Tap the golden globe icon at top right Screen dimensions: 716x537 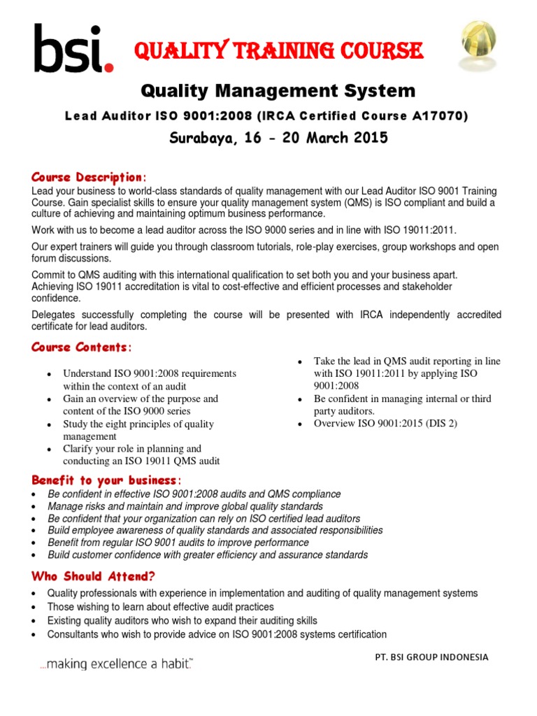[x=478, y=43]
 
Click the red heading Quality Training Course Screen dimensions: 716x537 [x=278, y=50]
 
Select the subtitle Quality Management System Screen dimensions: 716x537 [x=278, y=91]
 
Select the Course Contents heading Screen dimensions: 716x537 [x=81, y=348]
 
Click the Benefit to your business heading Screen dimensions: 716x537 [x=106, y=480]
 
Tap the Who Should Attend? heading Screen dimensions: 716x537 [x=93, y=577]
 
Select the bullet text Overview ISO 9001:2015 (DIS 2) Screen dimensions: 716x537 [x=385, y=424]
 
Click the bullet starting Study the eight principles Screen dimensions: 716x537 [x=138, y=430]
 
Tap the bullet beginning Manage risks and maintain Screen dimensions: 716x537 [x=185, y=506]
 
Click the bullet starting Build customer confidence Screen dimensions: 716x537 [x=208, y=555]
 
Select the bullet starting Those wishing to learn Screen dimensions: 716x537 [x=161, y=607]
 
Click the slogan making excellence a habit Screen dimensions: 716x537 [x=115, y=663]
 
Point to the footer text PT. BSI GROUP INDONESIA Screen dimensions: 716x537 [x=431, y=657]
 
